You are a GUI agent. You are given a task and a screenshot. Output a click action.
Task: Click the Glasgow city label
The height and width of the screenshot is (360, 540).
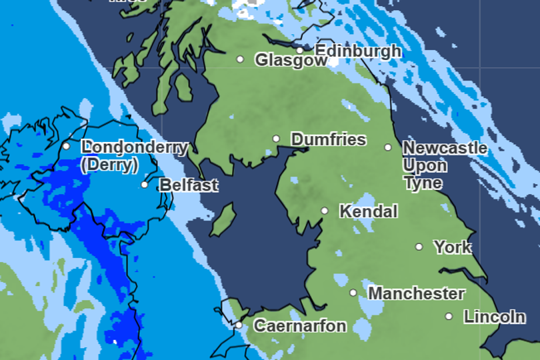click(291, 60)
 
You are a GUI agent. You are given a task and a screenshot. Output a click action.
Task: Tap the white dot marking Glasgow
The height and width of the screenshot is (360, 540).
click(240, 59)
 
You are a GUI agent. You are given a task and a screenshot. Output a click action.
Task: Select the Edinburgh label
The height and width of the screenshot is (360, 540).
click(358, 51)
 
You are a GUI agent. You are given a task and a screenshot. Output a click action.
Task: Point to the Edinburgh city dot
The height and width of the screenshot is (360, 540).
click(300, 50)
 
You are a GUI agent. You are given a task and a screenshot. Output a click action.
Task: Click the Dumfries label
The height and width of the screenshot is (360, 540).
click(329, 139)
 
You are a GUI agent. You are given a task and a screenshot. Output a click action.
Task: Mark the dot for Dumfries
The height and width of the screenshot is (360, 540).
click(276, 139)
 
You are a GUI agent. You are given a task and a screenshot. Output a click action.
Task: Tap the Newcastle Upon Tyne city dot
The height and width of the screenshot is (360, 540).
click(388, 147)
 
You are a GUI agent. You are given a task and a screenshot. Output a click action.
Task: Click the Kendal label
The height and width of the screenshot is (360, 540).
click(368, 211)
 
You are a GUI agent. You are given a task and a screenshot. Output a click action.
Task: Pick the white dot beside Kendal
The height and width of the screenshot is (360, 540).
click(325, 211)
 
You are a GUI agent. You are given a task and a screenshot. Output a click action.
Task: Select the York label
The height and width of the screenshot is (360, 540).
click(453, 247)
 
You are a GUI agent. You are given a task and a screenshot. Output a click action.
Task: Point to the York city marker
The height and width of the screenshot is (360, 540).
click(419, 247)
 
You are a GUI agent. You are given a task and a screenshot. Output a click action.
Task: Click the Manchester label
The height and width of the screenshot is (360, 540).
click(416, 293)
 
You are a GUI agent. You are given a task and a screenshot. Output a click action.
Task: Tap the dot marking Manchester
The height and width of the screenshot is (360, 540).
click(353, 293)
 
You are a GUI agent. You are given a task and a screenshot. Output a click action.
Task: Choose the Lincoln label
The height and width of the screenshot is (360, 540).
click(495, 317)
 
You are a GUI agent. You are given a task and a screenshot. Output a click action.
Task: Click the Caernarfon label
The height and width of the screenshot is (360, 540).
click(300, 326)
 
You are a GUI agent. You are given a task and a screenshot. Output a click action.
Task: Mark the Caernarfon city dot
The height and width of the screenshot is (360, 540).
click(239, 325)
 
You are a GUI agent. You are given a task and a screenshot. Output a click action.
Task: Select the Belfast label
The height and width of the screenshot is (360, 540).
click(189, 185)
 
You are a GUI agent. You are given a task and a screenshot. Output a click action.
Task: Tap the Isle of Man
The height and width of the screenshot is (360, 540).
click(224, 220)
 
